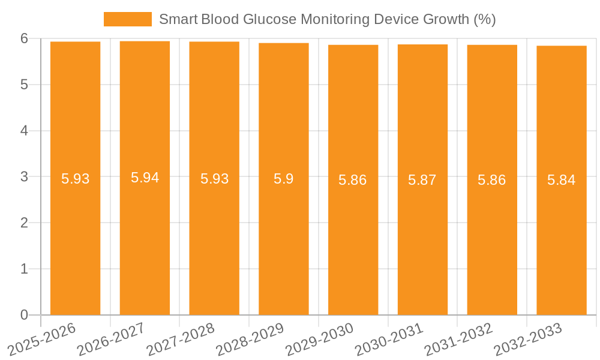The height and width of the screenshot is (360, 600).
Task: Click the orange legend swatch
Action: pyautogui.click(x=127, y=19)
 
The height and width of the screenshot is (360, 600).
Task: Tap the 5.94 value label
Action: pyautogui.click(x=145, y=178)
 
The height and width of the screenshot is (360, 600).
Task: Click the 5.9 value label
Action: pyautogui.click(x=283, y=179)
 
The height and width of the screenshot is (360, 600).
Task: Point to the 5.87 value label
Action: pyautogui.click(x=422, y=180)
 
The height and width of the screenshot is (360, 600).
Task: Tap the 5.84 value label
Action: pyautogui.click(x=561, y=180)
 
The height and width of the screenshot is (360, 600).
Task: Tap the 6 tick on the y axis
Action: pyautogui.click(x=25, y=38)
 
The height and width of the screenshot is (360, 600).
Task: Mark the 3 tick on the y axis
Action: pyautogui.click(x=25, y=177)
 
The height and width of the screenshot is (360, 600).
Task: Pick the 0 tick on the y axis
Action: pyautogui.click(x=25, y=315)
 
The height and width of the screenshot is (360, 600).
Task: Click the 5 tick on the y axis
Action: pyautogui.click(x=25, y=85)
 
